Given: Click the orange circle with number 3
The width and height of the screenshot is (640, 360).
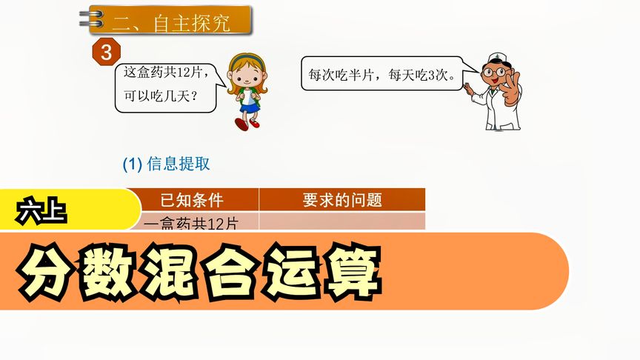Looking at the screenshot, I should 106,53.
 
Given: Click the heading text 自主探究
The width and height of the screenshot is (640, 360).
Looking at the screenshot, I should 192,22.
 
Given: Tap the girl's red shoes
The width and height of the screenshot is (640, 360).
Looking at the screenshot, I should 248,123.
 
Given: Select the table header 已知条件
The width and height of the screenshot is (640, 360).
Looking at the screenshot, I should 192,199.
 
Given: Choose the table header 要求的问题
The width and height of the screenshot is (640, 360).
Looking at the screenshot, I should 342,199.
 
